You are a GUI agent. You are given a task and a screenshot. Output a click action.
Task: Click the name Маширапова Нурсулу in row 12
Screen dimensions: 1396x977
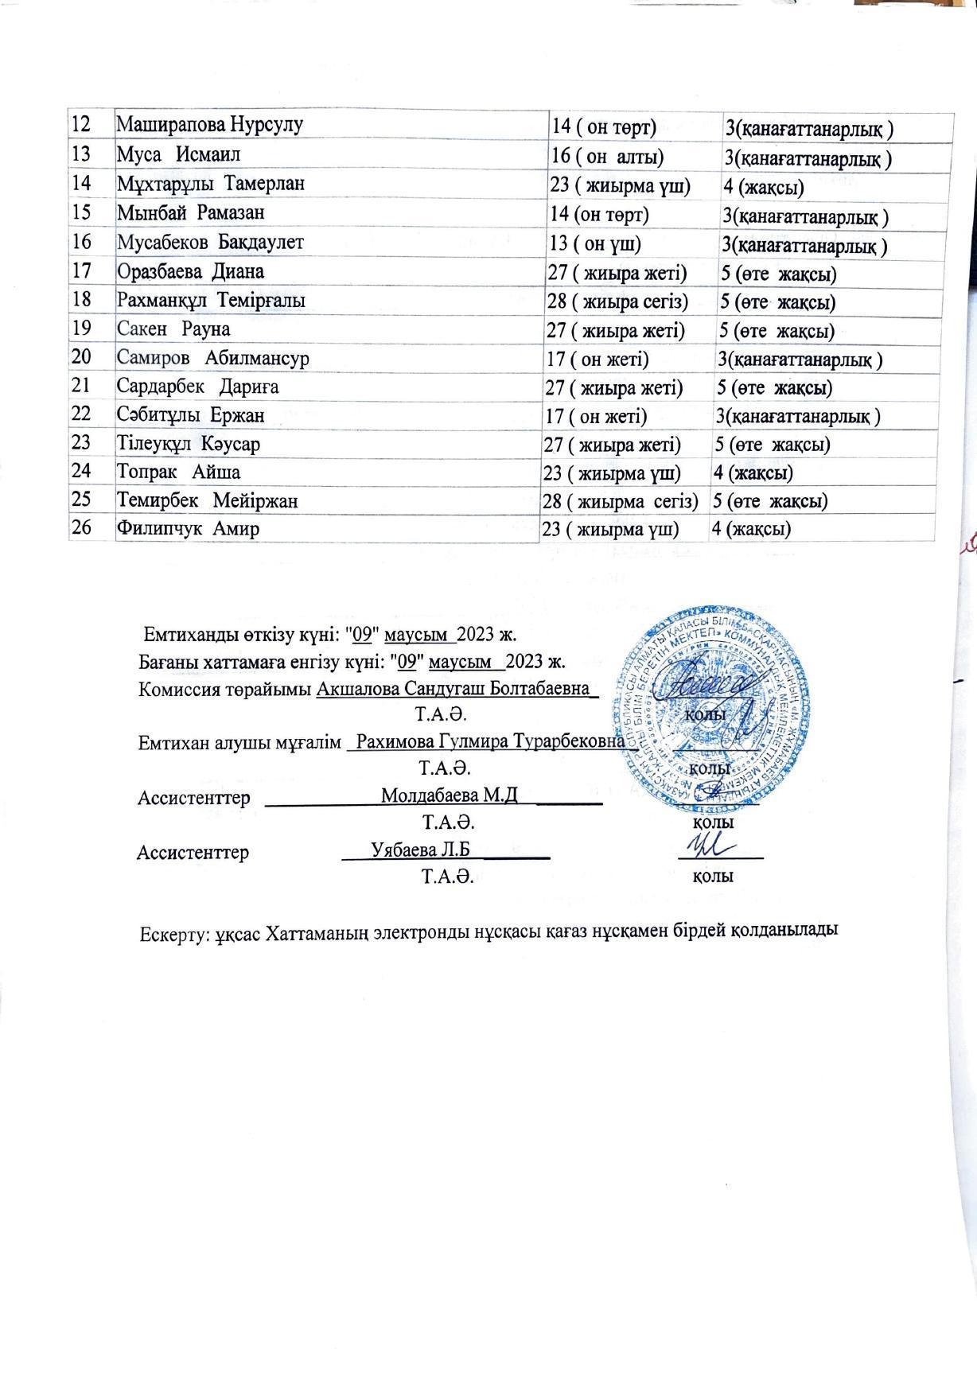[x=210, y=125]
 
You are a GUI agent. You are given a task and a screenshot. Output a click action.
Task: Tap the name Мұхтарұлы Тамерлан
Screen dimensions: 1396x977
[x=211, y=183]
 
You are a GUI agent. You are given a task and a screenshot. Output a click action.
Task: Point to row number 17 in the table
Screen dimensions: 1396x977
[x=82, y=270]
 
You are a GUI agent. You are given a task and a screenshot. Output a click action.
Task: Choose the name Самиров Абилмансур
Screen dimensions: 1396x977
[x=212, y=358]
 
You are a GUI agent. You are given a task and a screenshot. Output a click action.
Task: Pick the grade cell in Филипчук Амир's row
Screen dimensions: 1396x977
[x=751, y=529]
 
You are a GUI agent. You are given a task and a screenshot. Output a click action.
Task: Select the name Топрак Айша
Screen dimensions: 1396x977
[x=179, y=472]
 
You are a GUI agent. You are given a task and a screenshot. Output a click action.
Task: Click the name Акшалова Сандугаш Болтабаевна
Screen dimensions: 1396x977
[x=455, y=688]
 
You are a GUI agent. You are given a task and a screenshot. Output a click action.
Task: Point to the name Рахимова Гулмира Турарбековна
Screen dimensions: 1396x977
[x=491, y=741]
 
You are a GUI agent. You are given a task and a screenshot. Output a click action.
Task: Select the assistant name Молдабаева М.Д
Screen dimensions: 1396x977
[x=450, y=795]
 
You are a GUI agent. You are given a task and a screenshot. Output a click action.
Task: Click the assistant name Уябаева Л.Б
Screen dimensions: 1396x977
[x=421, y=849]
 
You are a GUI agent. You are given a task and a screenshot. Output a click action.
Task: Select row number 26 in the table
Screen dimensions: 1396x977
[x=82, y=527]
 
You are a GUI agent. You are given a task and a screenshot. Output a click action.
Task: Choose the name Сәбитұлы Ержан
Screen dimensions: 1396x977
[x=191, y=415]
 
